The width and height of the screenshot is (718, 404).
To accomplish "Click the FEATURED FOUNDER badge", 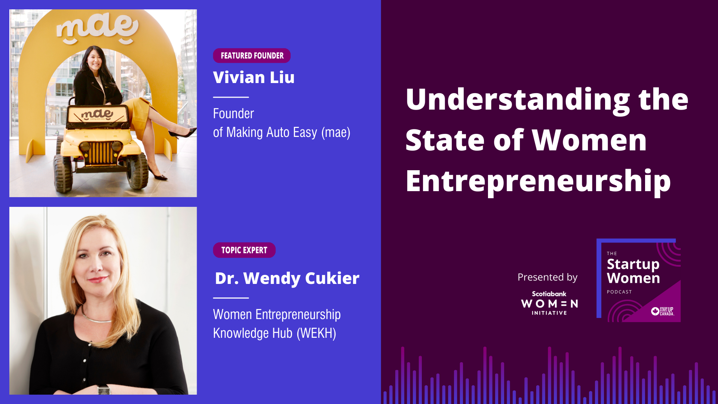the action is click(252, 56).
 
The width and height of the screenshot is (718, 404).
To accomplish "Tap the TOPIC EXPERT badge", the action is click(244, 250).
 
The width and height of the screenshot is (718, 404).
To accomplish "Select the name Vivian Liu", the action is click(254, 77).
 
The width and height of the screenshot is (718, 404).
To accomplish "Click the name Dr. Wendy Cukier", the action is click(287, 278).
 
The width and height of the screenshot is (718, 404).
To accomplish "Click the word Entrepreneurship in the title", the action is click(538, 181).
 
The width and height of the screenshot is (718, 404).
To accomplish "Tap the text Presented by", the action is click(547, 277).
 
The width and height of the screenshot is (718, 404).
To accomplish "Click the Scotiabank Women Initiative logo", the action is click(549, 303).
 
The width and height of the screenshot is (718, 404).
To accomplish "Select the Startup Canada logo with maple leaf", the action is click(662, 311).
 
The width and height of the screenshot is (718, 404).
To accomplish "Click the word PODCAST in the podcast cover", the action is click(619, 292).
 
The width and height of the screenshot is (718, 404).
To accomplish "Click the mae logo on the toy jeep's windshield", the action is click(97, 114).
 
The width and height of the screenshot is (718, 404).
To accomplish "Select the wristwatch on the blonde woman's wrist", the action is click(104, 389).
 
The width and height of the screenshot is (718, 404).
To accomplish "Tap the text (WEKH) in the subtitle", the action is click(316, 333).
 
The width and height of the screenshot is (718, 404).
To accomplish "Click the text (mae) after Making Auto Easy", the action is click(336, 132).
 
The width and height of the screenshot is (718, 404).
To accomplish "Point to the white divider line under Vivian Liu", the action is click(231, 97).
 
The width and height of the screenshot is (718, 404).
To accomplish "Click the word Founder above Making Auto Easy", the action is click(233, 114).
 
